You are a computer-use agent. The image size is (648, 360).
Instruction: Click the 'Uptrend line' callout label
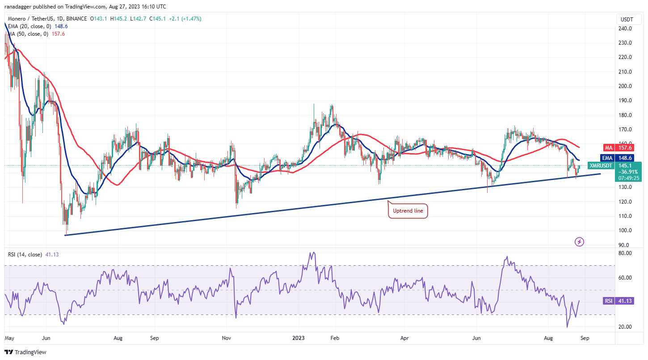[408, 211]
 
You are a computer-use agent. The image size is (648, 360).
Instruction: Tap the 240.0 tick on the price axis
[624, 29]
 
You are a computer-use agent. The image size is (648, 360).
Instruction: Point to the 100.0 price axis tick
[624, 230]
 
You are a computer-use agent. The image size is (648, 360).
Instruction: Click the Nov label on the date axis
[227, 338]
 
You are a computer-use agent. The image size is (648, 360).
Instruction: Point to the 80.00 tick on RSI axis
[624, 253]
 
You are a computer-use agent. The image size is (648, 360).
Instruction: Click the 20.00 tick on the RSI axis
[624, 327]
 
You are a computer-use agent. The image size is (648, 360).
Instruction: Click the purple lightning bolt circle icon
[580, 242]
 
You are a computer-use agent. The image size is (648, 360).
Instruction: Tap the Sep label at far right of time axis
[585, 338]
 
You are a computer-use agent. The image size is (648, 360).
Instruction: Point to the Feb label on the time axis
[335, 338]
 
